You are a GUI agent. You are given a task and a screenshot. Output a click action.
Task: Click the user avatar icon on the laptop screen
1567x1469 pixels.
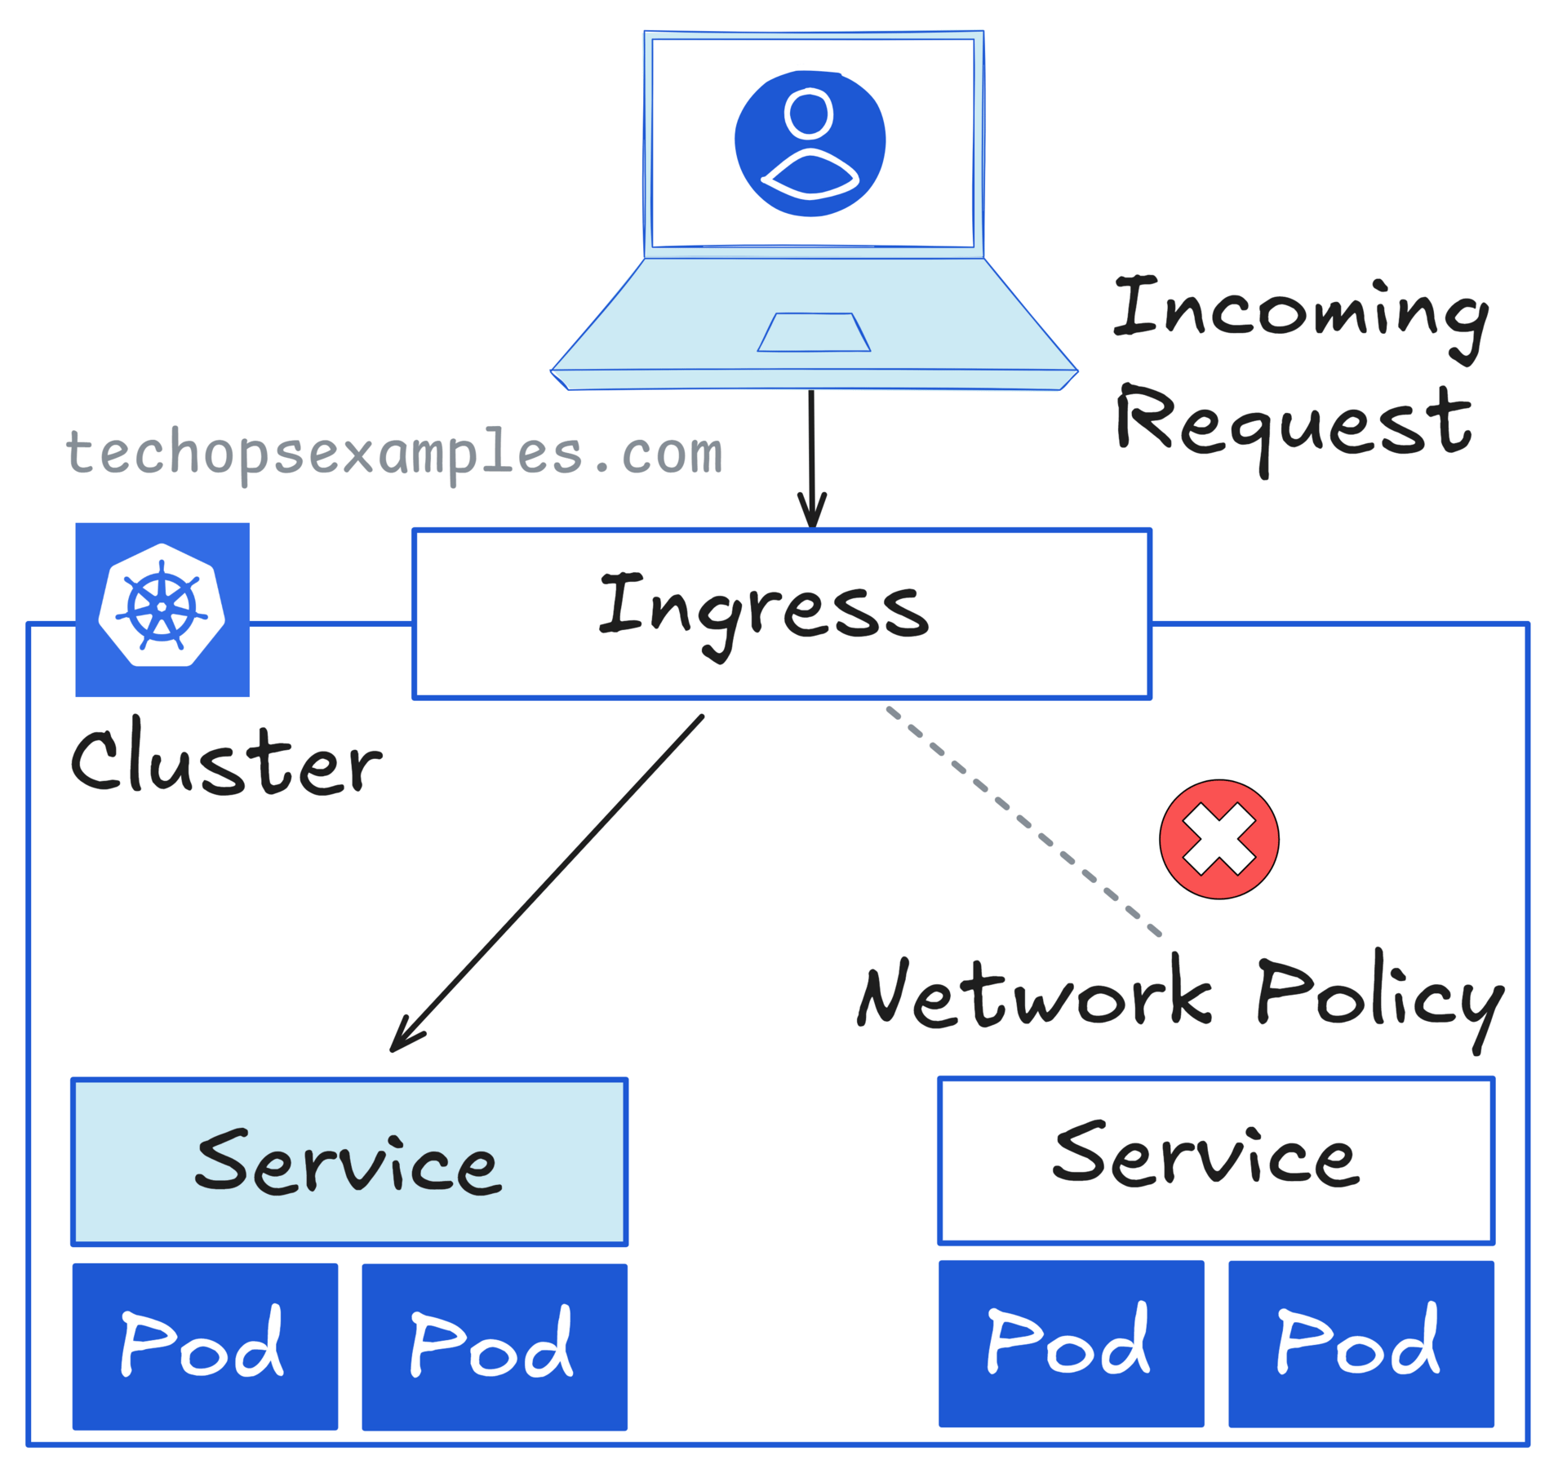click(x=810, y=144)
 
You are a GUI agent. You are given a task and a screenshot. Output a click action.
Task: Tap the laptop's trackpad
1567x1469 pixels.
click(x=814, y=333)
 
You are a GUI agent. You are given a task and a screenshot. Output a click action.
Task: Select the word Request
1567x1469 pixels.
click(x=1294, y=422)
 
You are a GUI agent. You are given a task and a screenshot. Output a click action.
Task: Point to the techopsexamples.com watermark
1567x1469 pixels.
click(x=394, y=453)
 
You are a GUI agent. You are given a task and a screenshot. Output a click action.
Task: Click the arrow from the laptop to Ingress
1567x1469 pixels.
click(x=811, y=457)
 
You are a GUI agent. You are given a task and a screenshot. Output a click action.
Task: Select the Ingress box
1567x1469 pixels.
click(x=781, y=614)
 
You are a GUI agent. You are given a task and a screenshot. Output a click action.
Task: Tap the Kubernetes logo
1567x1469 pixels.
click(x=162, y=610)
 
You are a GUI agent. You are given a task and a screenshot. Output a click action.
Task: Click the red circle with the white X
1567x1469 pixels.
click(x=1219, y=839)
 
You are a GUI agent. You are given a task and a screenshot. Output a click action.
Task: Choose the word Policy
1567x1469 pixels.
click(x=1378, y=996)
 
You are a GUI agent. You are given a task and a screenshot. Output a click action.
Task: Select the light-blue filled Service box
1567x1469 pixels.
click(x=349, y=1162)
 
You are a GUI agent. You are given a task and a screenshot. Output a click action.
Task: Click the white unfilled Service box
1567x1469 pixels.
click(x=1215, y=1161)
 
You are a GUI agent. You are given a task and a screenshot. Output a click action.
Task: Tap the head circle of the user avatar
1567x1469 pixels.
click(x=808, y=113)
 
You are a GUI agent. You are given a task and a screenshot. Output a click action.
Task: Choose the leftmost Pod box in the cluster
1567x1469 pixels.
click(x=205, y=1346)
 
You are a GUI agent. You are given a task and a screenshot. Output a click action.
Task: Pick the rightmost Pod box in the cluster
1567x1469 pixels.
click(x=1361, y=1343)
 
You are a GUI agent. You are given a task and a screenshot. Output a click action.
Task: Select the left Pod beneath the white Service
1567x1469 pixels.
click(x=1071, y=1343)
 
